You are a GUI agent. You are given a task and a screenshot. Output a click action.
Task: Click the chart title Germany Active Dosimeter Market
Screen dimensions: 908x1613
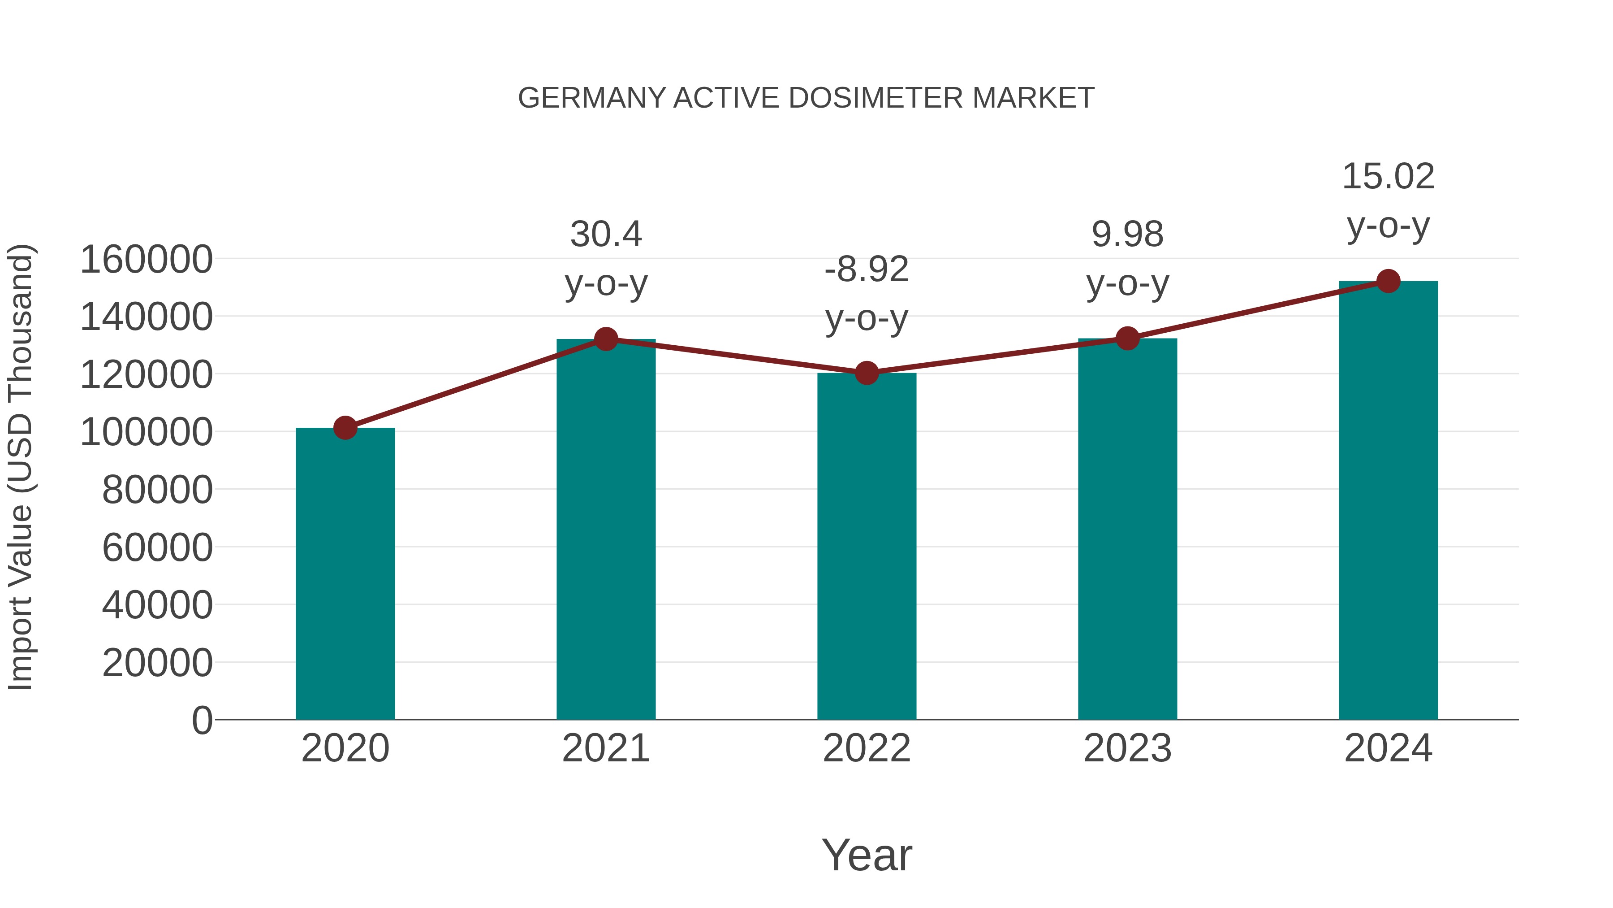(x=806, y=98)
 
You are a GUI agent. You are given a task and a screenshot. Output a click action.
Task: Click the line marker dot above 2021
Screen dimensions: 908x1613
(x=605, y=339)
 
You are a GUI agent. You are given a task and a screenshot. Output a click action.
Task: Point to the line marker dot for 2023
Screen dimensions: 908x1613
(x=1127, y=339)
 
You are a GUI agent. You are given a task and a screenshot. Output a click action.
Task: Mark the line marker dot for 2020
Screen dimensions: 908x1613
(x=345, y=428)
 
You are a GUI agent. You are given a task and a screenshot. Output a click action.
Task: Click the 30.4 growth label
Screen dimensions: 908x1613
(x=605, y=235)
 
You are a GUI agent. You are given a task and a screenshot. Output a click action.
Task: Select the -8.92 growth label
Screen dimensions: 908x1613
(x=867, y=269)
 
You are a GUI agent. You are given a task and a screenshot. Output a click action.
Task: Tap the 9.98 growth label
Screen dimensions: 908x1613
(x=1127, y=235)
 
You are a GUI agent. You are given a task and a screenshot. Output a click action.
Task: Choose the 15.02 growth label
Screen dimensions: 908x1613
(x=1388, y=176)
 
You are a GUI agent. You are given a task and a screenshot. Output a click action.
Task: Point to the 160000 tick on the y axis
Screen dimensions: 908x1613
(x=147, y=260)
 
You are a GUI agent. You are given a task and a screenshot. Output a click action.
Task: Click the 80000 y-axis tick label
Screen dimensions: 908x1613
(x=157, y=490)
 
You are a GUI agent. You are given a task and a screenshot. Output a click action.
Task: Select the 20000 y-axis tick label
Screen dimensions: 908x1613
(x=157, y=663)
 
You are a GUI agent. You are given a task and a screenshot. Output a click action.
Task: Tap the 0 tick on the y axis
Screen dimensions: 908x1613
(x=202, y=721)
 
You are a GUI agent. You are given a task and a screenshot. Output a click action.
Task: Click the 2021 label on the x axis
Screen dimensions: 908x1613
(x=605, y=748)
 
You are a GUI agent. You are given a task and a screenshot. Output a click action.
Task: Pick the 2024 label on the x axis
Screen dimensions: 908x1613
(x=1388, y=748)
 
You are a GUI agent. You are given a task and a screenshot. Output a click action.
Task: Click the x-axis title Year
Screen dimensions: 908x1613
(x=867, y=855)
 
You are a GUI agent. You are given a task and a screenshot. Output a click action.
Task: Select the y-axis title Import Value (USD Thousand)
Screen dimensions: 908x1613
(x=20, y=467)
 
